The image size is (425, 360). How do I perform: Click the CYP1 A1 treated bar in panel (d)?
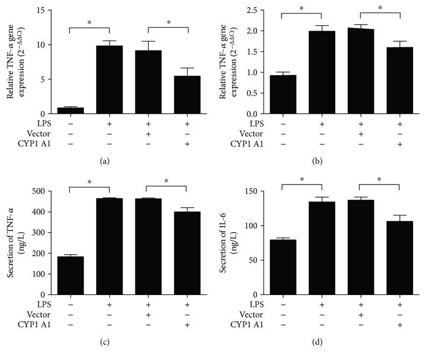[x=400, y=258]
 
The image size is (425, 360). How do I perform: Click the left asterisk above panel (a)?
[x=90, y=23]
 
